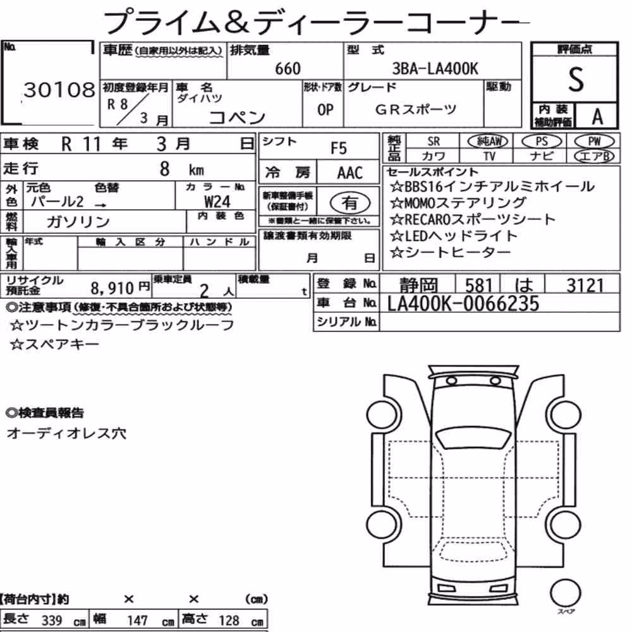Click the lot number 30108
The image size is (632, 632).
59,90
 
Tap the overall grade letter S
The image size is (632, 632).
576,80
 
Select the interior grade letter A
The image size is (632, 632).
597,117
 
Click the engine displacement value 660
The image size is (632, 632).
288,69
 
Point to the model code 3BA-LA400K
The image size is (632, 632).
435,69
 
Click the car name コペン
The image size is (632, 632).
237,118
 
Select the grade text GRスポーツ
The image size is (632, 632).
416,109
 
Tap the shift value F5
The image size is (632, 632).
339,149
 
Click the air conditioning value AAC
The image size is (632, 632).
350,173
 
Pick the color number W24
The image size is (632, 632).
217,202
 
